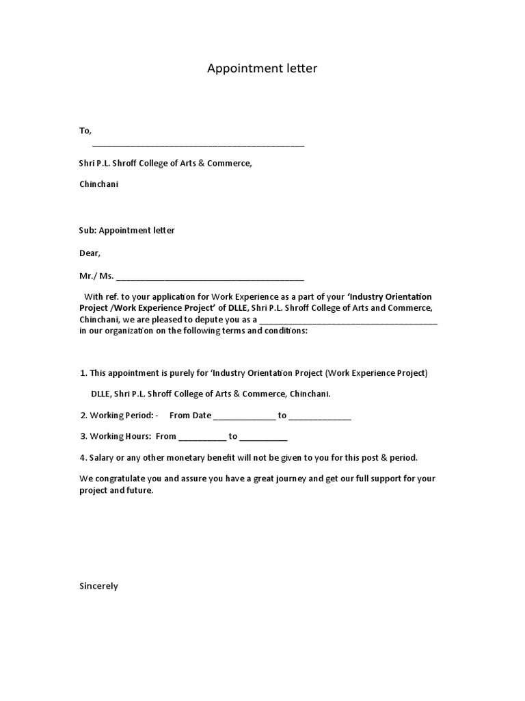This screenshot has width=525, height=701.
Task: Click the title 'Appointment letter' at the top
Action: (262, 68)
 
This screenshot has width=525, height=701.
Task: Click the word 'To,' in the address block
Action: (85, 130)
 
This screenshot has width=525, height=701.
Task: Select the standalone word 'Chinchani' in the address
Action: (99, 184)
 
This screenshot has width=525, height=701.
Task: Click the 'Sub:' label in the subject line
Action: (87, 230)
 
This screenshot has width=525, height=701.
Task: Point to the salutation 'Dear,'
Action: (90, 253)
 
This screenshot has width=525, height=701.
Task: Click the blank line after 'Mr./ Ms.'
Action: (211, 278)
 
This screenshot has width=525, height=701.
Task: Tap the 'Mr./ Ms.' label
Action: (96, 276)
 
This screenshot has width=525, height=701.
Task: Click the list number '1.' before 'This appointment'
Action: (83, 373)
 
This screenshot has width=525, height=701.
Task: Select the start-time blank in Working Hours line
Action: (202, 438)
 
